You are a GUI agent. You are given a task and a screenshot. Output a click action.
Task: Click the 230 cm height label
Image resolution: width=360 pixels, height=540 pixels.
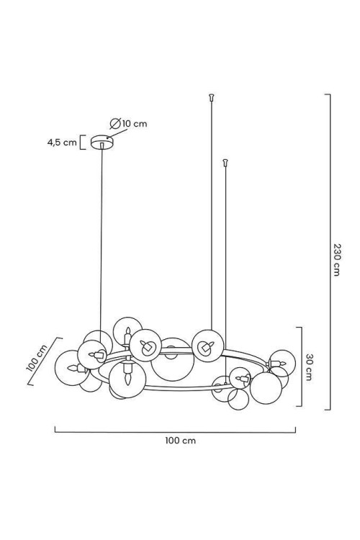[336, 259]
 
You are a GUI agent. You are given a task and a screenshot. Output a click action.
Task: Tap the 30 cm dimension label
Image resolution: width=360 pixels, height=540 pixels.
[308, 366]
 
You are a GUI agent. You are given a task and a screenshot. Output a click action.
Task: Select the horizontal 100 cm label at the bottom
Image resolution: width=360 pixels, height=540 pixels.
[180, 440]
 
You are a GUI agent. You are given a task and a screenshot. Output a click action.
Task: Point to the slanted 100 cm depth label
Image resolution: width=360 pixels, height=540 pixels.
[37, 358]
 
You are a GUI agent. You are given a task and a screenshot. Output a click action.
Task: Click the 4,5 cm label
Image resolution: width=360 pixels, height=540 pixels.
[62, 143]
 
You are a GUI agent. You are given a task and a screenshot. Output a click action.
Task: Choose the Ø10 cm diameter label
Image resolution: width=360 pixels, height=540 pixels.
[128, 123]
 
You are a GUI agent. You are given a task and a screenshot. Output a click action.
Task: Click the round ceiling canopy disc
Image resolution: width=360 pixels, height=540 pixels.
[102, 142]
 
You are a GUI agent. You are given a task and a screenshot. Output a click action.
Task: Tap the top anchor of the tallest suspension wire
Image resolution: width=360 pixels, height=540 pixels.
[212, 97]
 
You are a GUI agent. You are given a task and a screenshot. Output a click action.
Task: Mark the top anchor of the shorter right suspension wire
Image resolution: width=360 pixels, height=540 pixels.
[225, 162]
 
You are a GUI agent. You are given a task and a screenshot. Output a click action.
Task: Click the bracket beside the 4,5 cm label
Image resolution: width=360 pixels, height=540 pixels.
[82, 143]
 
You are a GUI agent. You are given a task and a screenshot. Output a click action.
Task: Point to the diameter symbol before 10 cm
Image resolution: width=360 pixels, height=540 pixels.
[114, 123]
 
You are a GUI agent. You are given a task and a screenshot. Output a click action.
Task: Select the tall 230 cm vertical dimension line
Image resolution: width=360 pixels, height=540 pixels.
[330, 252]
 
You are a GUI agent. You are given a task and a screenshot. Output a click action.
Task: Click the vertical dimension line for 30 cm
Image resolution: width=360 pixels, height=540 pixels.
[302, 366]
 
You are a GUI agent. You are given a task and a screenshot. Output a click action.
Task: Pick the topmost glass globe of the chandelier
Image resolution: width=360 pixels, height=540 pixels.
[128, 331]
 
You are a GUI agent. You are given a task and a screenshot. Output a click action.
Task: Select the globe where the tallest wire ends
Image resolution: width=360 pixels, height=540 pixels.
[208, 346]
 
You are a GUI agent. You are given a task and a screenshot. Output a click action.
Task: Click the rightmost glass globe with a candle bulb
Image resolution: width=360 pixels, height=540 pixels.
[282, 363]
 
